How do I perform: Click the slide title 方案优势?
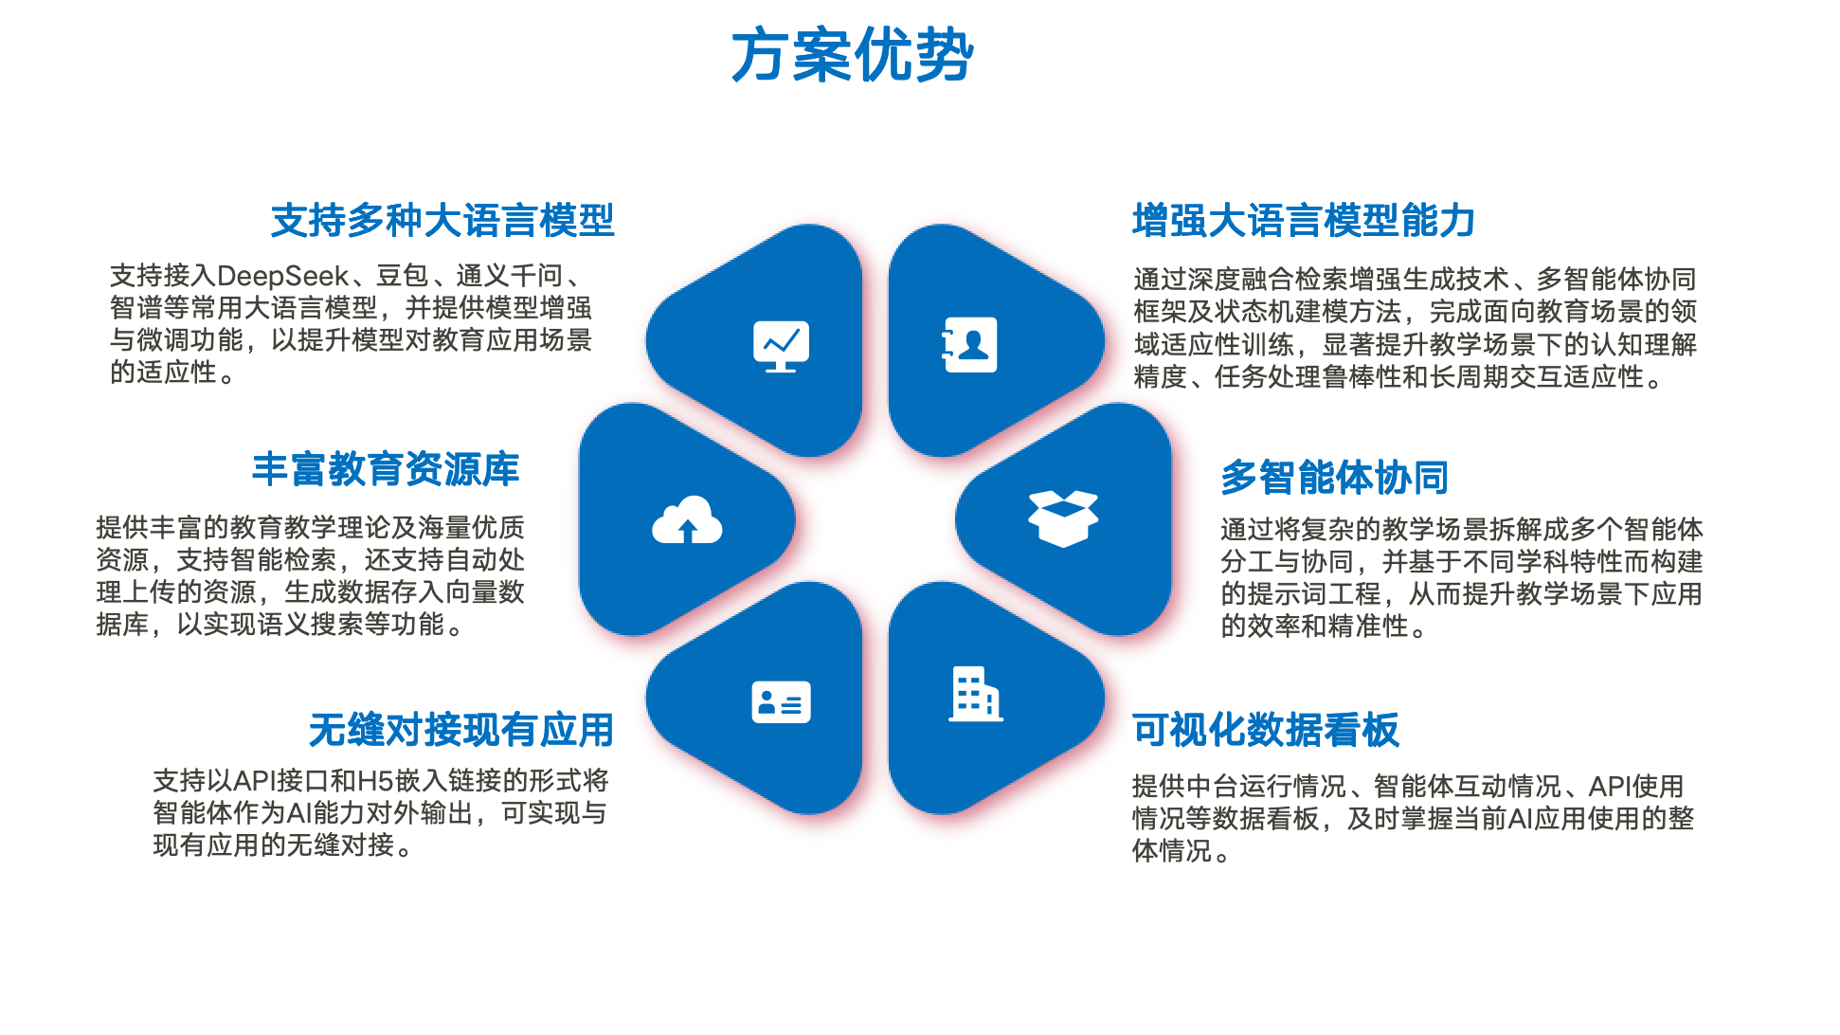[x=852, y=55]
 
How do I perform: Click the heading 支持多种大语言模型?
[x=442, y=221]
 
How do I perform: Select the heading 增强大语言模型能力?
[x=1304, y=221]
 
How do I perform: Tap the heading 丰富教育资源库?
[x=386, y=469]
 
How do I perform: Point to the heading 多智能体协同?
[x=1335, y=478]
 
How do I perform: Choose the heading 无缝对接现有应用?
[x=461, y=730]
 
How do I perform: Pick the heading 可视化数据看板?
[x=1266, y=730]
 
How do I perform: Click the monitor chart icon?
[x=781, y=346]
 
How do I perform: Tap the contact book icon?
[x=969, y=345]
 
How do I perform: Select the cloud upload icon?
[x=687, y=519]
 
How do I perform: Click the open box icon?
[x=1063, y=518]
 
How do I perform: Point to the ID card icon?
[x=781, y=702]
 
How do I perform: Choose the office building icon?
[x=975, y=694]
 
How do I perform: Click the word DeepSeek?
[x=283, y=276]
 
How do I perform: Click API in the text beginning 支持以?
[x=254, y=781]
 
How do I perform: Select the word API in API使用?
[x=1610, y=787]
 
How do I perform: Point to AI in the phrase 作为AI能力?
[x=299, y=813]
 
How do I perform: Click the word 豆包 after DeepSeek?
[x=403, y=276]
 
